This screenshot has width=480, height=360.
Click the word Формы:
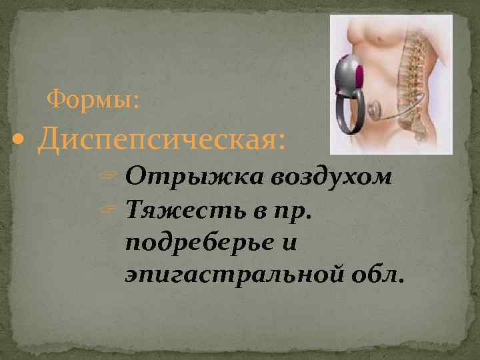(93, 101)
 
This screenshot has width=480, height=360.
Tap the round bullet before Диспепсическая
(25, 141)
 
